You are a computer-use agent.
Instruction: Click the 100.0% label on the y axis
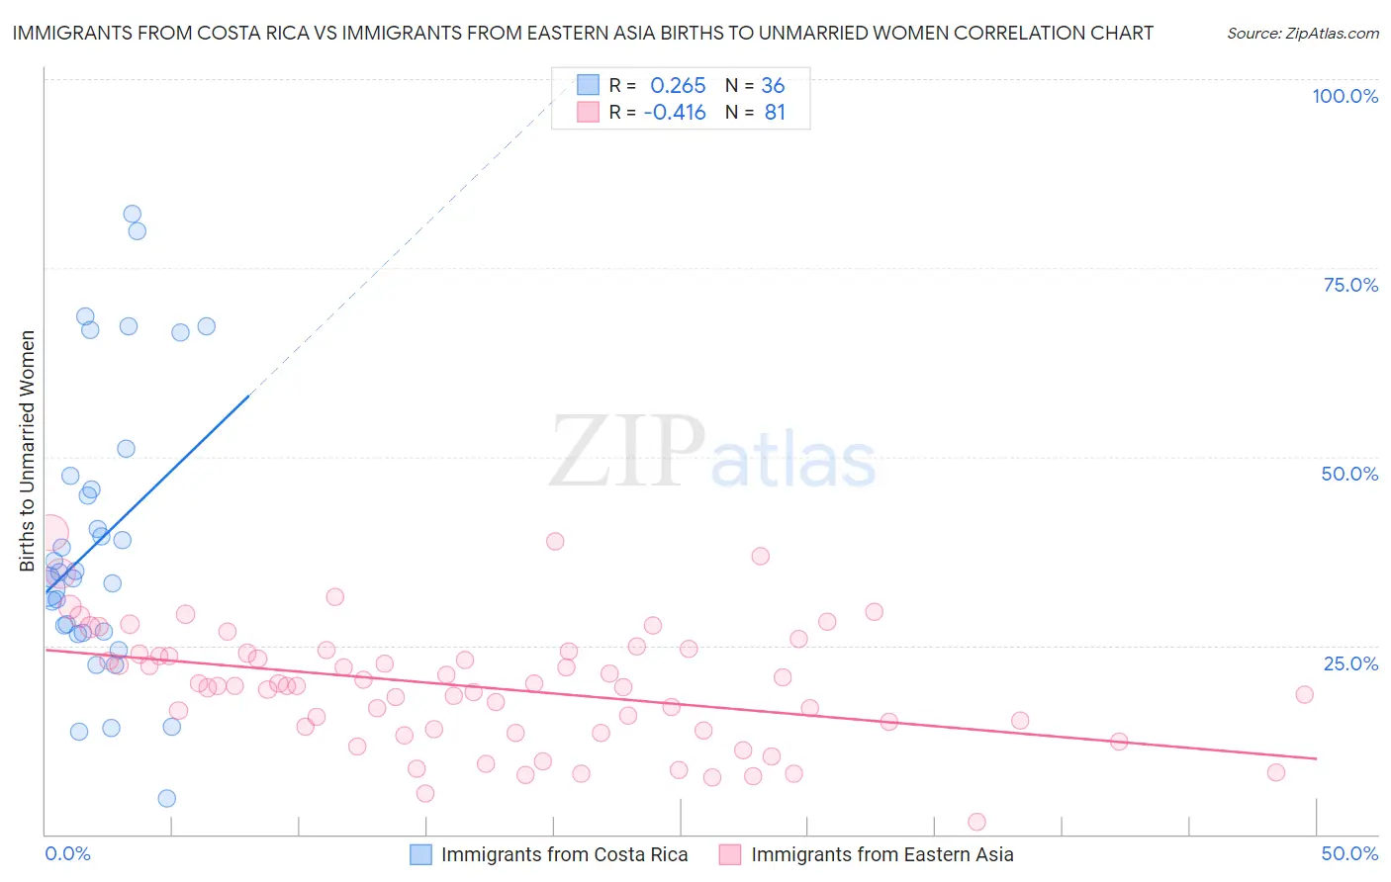1345,96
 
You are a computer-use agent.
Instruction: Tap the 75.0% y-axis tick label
1350,285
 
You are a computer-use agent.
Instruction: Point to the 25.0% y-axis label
1350,663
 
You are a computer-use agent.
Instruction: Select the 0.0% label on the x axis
67,853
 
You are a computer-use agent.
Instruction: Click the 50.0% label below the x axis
1349,853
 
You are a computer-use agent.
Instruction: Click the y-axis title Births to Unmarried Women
27,451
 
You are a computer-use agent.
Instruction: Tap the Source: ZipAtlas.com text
1302,34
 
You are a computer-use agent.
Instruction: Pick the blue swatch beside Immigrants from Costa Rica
420,854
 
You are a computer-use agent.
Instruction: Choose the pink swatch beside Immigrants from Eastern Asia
730,854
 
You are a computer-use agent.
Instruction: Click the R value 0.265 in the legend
678,86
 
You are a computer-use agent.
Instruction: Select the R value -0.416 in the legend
675,113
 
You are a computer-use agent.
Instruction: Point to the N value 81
775,113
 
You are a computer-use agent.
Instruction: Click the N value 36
773,86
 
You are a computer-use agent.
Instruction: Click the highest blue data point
132,214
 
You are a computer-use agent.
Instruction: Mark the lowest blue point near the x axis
167,798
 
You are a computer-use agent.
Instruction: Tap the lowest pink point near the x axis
976,822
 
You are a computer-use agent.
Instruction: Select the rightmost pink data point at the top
1304,694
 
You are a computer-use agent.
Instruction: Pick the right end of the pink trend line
1316,758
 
